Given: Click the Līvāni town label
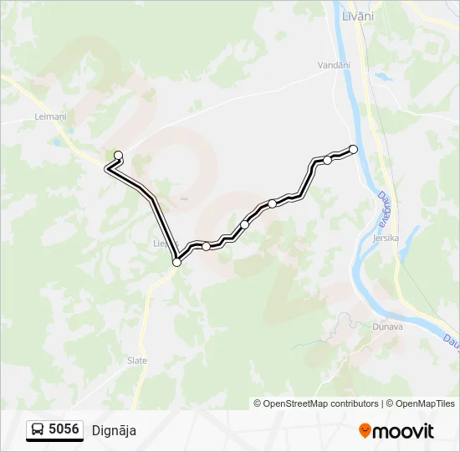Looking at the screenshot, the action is pyautogui.click(x=358, y=16).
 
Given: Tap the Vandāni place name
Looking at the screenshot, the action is pyautogui.click(x=335, y=64).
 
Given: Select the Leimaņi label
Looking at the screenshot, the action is pyautogui.click(x=51, y=116).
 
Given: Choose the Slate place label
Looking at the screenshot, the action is pyautogui.click(x=137, y=361).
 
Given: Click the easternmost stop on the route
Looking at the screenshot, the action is pyautogui.click(x=353, y=149).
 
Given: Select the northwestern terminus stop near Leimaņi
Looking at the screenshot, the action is pyautogui.click(x=118, y=155).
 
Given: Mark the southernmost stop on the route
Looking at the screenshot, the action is pyautogui.click(x=176, y=262).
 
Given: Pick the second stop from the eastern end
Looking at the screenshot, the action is pyautogui.click(x=328, y=159).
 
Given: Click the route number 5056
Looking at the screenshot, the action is pyautogui.click(x=64, y=430).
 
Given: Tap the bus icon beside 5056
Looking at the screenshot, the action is pyautogui.click(x=38, y=430).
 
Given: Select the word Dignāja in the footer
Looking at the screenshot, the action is pyautogui.click(x=114, y=431).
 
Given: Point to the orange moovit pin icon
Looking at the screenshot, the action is pyautogui.click(x=365, y=431).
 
